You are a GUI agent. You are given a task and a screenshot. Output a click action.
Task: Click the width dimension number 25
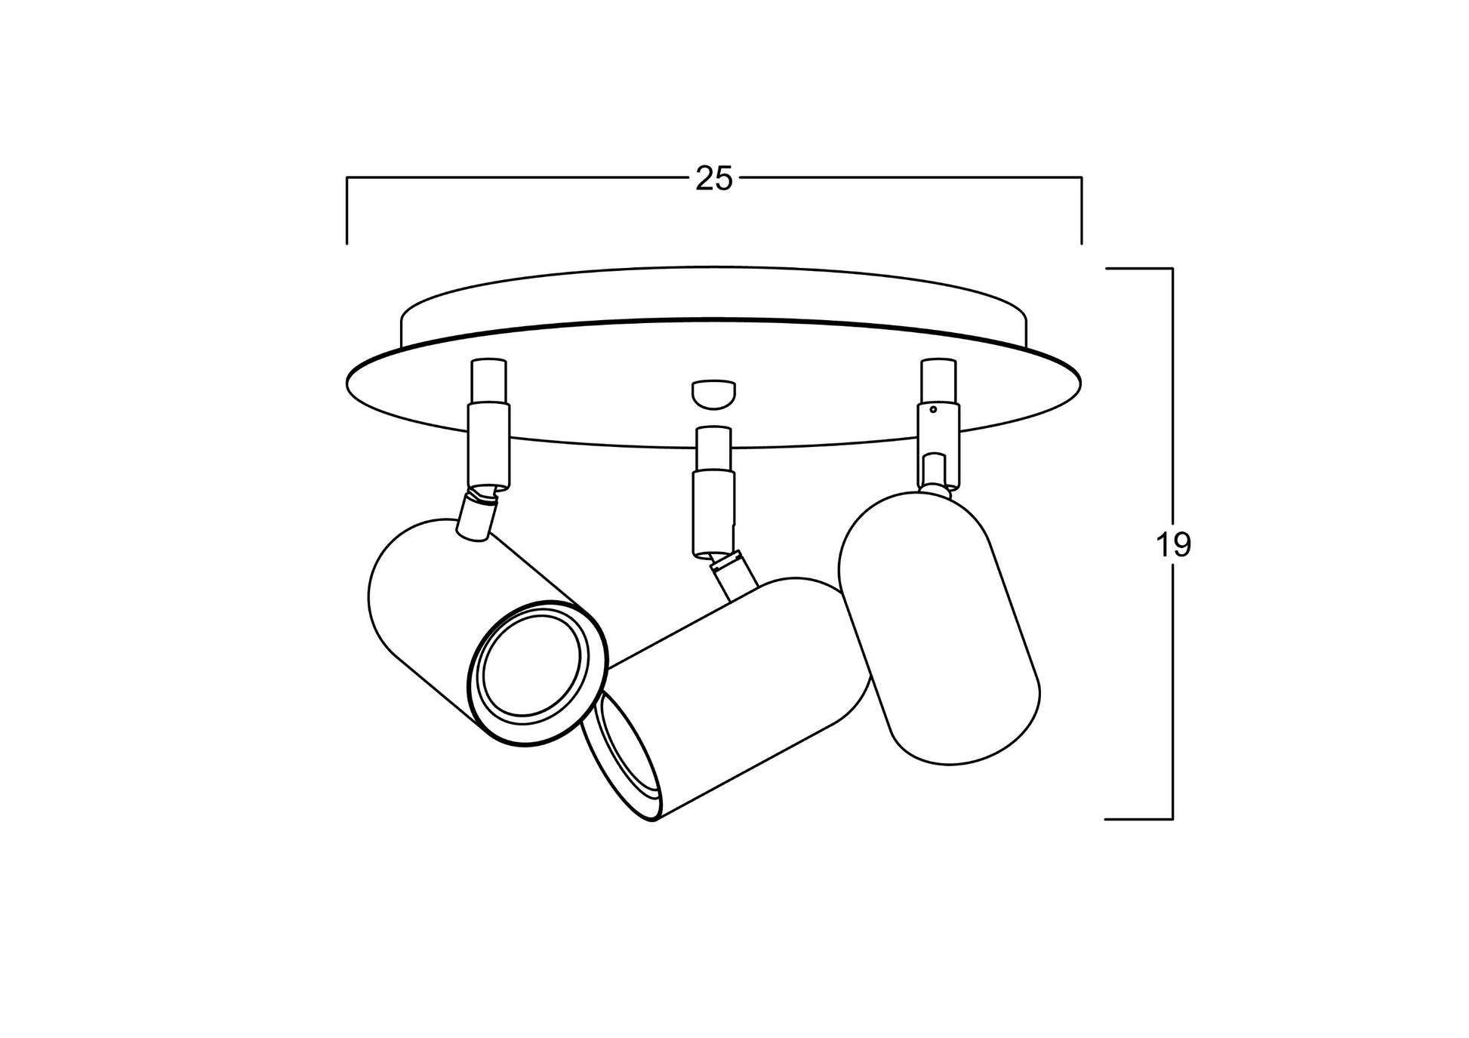(714, 180)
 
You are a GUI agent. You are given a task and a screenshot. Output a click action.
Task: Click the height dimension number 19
(1173, 544)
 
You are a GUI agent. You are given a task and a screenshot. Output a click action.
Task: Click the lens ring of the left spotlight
(537, 673)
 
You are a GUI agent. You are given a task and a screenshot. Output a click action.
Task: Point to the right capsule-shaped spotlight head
(939, 627)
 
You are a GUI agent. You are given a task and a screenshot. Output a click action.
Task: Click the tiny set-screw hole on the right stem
(934, 410)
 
